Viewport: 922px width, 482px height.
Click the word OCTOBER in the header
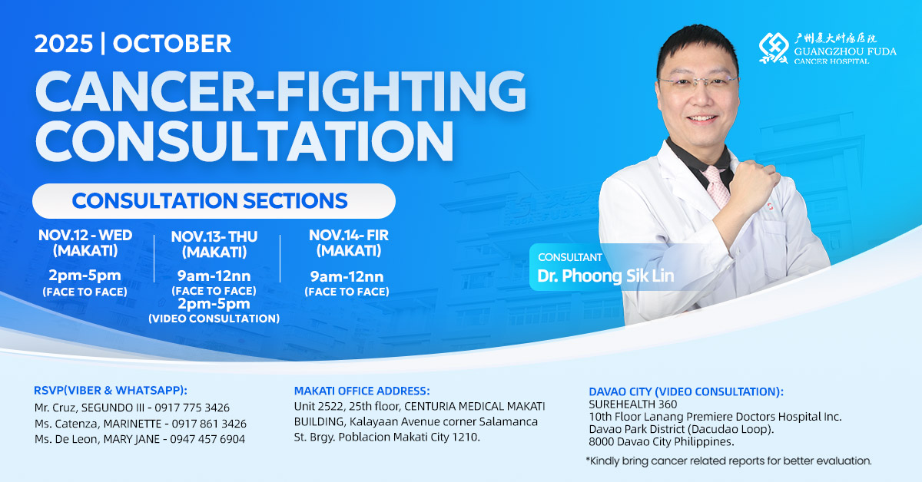coord(171,44)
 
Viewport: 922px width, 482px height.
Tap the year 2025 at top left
coord(64,44)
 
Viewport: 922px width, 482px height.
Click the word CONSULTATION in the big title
coord(245,140)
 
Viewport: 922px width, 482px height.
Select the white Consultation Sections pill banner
coord(214,201)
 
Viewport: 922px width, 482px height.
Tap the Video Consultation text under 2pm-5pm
coord(214,319)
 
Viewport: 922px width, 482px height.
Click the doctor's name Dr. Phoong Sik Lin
coord(605,276)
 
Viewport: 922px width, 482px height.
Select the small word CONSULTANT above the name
coord(569,257)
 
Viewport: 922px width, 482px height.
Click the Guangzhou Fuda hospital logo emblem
coord(774,48)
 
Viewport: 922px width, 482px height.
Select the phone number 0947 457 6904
coord(207,439)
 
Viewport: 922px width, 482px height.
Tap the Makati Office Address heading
coord(362,391)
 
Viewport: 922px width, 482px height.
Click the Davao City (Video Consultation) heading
coord(686,391)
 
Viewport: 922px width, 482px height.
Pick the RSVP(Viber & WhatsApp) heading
coord(111,391)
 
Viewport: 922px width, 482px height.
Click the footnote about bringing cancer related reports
coord(728,461)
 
